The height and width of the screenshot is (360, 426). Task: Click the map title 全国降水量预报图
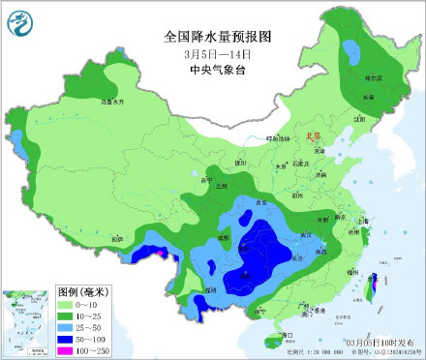[x=218, y=37]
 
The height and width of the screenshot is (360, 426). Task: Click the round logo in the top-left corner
[x=20, y=20]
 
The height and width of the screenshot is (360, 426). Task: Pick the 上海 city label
[x=363, y=221]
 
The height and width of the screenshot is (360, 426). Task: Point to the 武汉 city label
[x=308, y=235]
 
